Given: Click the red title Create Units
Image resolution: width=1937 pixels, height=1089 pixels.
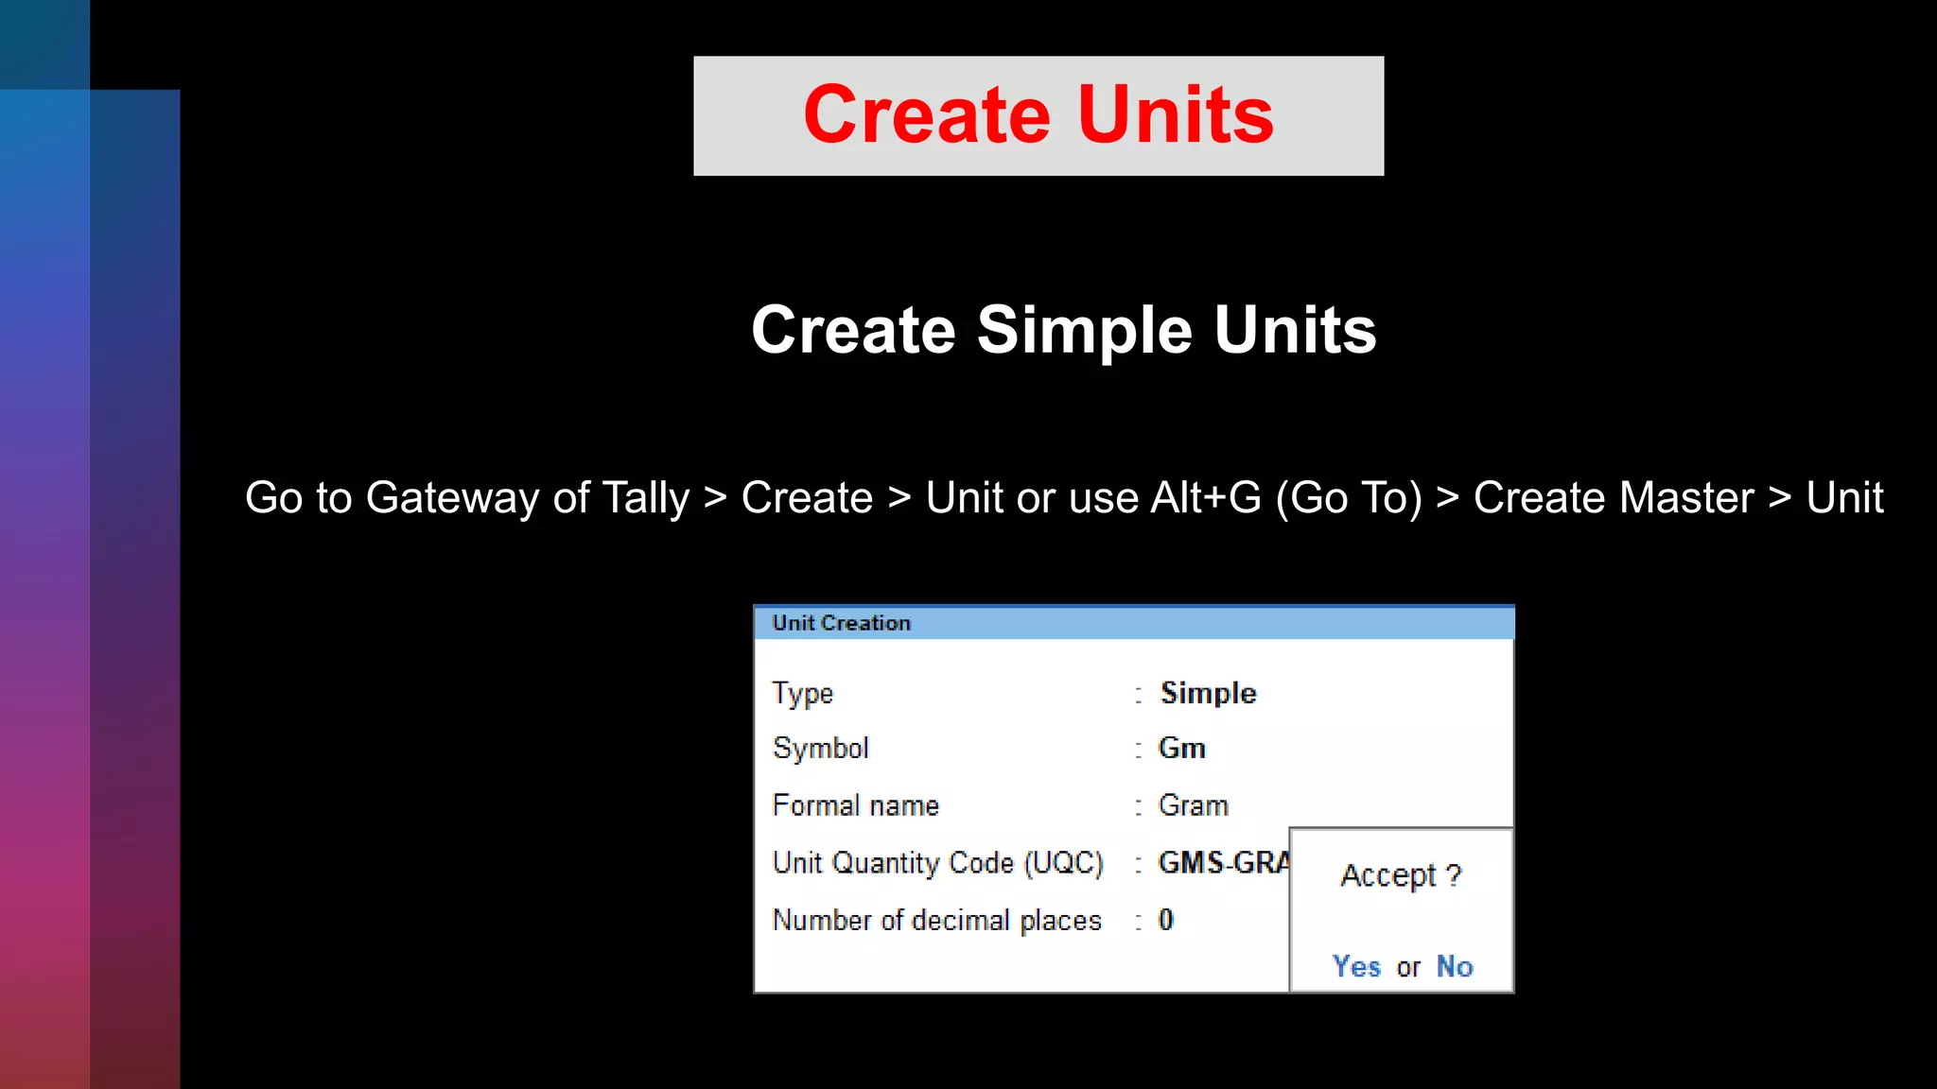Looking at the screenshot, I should [x=1038, y=114].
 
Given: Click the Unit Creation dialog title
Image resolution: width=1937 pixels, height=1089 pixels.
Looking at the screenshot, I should [x=841, y=623].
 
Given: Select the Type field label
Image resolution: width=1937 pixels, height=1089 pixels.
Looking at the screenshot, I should [x=802, y=693].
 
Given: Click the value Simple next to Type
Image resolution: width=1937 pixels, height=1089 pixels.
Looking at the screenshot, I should [x=1208, y=693].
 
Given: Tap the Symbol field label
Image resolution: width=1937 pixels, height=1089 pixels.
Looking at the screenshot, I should [x=820, y=749].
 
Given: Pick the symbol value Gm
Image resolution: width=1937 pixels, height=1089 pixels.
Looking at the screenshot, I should [x=1181, y=749].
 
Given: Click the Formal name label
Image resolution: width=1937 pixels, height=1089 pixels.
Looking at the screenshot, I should [x=855, y=805].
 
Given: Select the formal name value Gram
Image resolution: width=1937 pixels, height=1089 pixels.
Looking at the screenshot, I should [x=1193, y=805].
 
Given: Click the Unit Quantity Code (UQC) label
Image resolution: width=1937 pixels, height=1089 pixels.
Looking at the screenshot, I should [x=937, y=863].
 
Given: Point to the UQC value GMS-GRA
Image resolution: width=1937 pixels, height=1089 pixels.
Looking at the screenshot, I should [x=1222, y=863].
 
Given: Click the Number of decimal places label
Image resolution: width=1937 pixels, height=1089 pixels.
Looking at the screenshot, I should [x=936, y=920].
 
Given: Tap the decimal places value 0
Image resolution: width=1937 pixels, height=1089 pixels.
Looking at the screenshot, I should [x=1165, y=920].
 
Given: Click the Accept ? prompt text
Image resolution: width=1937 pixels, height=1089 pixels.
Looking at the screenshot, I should [x=1400, y=875].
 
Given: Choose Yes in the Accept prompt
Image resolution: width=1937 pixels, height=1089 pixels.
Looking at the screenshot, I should [x=1356, y=966].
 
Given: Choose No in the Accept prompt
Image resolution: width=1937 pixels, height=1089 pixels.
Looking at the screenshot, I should [x=1455, y=966].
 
